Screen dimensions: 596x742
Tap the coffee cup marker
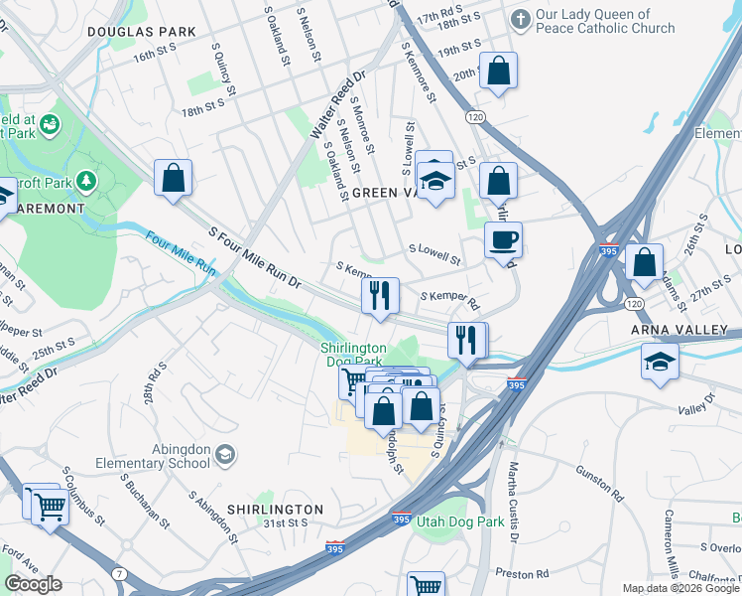pos(503,239)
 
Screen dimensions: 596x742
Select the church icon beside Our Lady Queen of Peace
pos(520,19)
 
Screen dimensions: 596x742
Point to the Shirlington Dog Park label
pos(353,354)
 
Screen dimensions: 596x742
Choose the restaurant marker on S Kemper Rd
pos(380,296)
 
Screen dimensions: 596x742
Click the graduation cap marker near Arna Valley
pos(660,363)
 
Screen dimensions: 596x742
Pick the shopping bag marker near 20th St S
pos(498,71)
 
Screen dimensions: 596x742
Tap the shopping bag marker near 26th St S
pos(644,263)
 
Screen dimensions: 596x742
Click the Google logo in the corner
pos(33,584)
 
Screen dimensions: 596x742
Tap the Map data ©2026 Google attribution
pos(680,588)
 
